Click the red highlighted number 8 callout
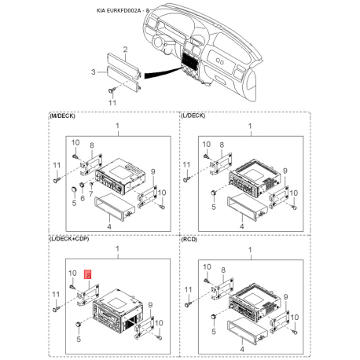tap(87, 274)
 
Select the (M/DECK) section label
tap(62, 116)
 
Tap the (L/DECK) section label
tap(193, 116)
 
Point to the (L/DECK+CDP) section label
tap(69, 239)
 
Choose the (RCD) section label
tap(189, 240)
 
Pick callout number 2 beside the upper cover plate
tap(126, 50)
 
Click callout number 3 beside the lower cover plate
tap(94, 72)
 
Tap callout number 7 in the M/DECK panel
tap(91, 194)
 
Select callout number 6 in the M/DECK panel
tap(83, 198)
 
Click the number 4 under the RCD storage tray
tap(242, 349)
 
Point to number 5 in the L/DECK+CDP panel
tap(79, 340)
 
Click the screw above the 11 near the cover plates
tap(112, 90)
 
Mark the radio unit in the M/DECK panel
tap(121, 175)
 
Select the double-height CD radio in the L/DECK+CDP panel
tap(118, 309)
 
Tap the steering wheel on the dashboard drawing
tap(158, 42)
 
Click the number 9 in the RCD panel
tap(285, 297)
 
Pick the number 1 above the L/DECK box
tap(250, 127)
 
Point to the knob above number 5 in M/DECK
tap(74, 189)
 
